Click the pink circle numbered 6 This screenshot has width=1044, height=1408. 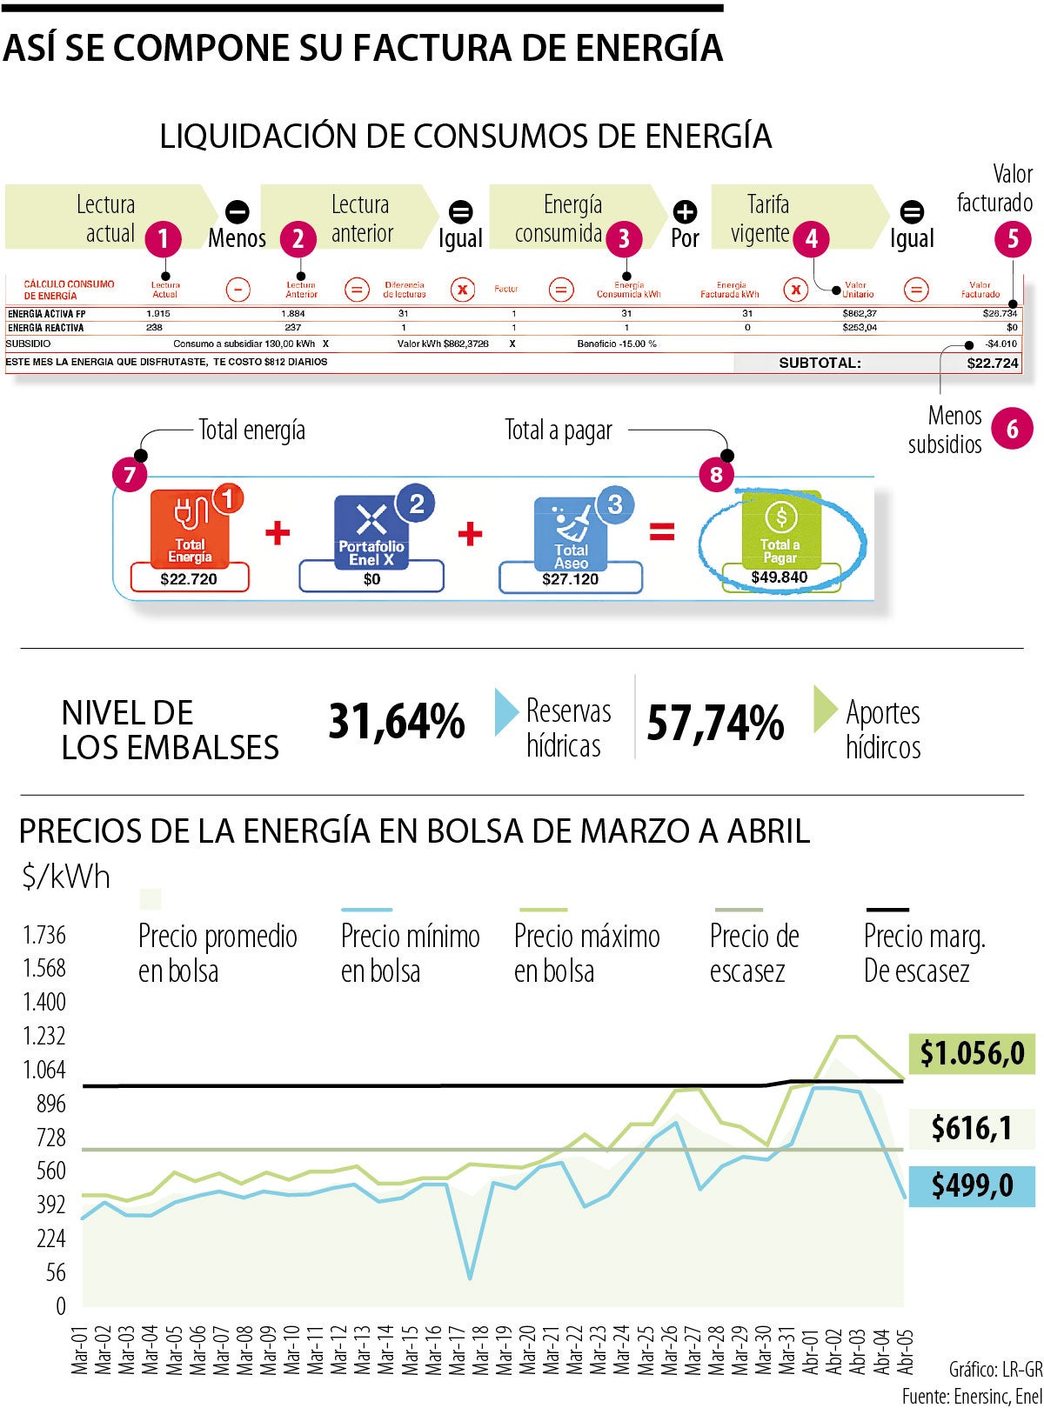pyautogui.click(x=1012, y=429)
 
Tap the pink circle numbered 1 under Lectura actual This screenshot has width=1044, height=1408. pyautogui.click(x=164, y=237)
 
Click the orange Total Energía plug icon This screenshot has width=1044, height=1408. pyautogui.click(x=191, y=527)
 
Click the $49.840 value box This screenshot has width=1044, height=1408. pyautogui.click(x=780, y=577)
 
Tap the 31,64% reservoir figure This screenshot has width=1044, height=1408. pyautogui.click(x=397, y=723)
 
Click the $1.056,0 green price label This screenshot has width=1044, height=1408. pyautogui.click(x=972, y=1053)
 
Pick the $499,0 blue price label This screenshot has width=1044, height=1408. pyautogui.click(x=972, y=1184)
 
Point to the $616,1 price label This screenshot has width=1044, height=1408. pyautogui.click(x=972, y=1128)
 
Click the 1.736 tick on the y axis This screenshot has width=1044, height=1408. pyautogui.click(x=44, y=935)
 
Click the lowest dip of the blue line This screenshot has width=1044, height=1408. pyautogui.click(x=470, y=1278)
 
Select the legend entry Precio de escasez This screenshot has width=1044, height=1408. pyautogui.click(x=753, y=953)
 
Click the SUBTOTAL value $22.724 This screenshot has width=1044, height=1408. pyautogui.click(x=992, y=363)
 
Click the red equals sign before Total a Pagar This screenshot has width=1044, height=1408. pyautogui.click(x=662, y=531)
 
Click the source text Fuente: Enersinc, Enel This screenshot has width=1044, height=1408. pyautogui.click(x=971, y=1397)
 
